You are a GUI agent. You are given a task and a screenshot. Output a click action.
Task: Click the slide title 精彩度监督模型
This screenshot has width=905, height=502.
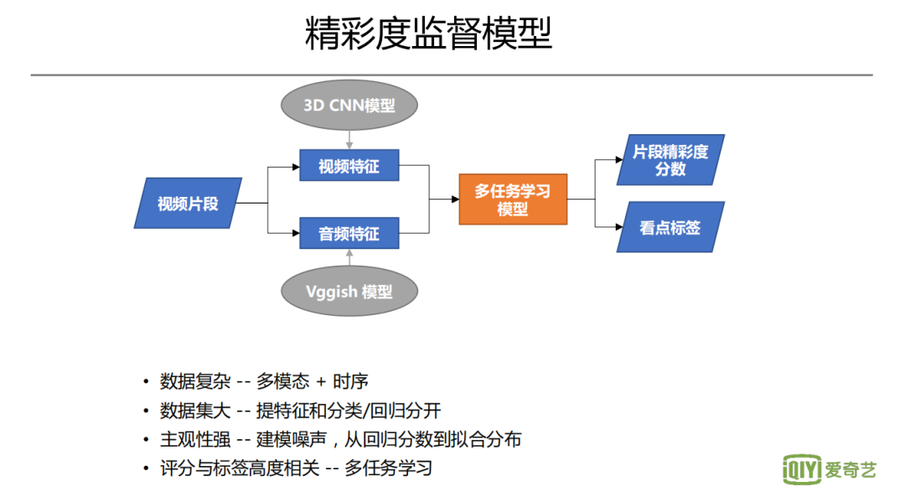pos(428,35)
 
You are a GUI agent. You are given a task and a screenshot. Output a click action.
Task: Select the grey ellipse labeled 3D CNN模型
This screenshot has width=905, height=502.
pos(349,106)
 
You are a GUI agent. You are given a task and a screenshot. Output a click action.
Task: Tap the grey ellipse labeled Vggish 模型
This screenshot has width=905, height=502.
pos(349,292)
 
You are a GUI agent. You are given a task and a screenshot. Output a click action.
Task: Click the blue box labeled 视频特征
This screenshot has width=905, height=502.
pos(349,166)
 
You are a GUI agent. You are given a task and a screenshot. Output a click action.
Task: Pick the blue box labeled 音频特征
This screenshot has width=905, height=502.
pos(349,233)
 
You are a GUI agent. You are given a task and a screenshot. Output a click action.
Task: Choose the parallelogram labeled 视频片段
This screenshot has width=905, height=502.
pos(188,203)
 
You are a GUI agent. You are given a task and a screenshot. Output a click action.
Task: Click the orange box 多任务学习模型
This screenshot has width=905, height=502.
pos(513,199)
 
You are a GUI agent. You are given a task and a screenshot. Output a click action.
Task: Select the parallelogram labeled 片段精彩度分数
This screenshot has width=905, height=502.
pos(670,160)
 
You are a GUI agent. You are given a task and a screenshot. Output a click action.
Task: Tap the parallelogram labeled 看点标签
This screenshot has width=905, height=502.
pos(670,227)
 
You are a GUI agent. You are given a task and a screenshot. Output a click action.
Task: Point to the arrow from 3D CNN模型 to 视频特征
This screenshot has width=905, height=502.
pos(349,140)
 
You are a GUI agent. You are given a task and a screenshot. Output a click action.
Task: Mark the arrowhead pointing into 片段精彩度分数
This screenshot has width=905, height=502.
pos(618,160)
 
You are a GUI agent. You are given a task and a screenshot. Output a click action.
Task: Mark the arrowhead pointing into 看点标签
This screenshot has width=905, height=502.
pos(618,226)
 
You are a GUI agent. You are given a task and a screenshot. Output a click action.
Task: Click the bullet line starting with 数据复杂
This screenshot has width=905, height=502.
pos(264,382)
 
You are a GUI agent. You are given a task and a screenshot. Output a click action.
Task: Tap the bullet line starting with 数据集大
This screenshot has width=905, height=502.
pos(300,411)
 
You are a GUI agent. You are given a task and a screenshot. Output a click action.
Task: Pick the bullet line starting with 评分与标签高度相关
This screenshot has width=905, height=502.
pos(296,468)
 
